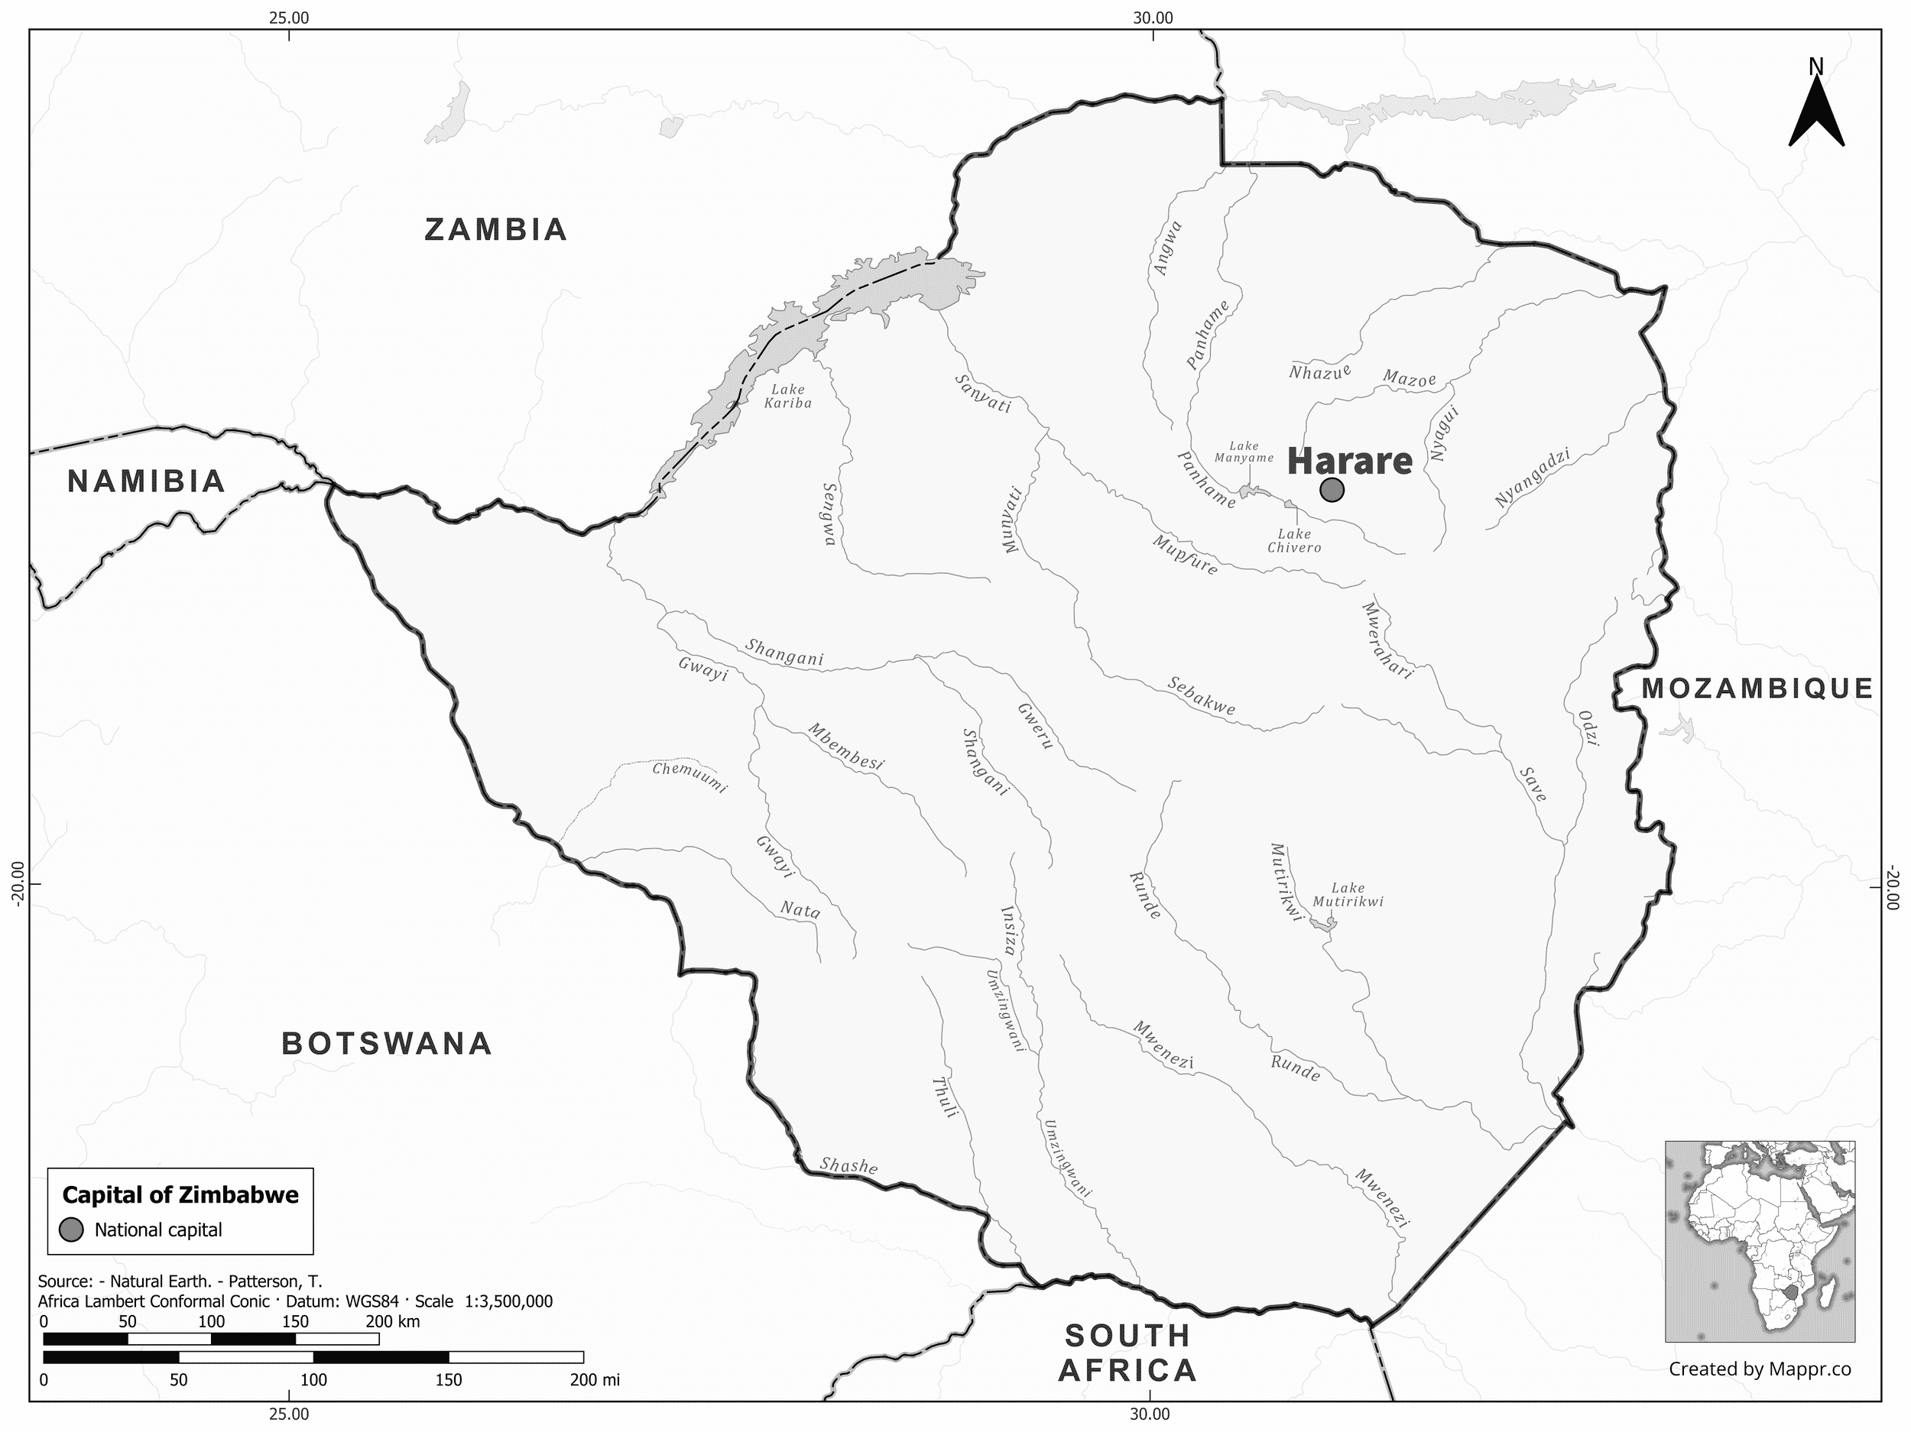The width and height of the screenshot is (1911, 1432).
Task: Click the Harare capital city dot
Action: (1332, 491)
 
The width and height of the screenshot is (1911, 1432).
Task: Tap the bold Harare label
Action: (1349, 462)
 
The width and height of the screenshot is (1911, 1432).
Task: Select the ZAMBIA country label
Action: (496, 230)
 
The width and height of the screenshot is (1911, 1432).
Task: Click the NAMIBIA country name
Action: (147, 482)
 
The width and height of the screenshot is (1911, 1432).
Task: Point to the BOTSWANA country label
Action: (387, 1043)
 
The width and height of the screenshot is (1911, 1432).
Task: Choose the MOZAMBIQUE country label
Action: (1757, 688)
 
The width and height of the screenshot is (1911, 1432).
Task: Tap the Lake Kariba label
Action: (788, 397)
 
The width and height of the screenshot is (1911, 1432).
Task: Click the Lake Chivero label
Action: (1294, 541)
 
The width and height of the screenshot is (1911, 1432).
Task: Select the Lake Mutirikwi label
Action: (1348, 895)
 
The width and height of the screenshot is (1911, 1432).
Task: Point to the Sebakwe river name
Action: (1201, 695)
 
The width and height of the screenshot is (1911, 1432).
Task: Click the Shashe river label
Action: (848, 1165)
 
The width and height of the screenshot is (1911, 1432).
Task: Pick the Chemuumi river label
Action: (689, 776)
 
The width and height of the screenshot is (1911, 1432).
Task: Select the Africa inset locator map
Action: (1759, 1241)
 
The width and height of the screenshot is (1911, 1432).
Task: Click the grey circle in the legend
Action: (71, 1230)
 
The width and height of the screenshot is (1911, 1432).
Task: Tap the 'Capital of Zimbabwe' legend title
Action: (180, 1195)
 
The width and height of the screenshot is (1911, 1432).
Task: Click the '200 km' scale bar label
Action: (392, 1321)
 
